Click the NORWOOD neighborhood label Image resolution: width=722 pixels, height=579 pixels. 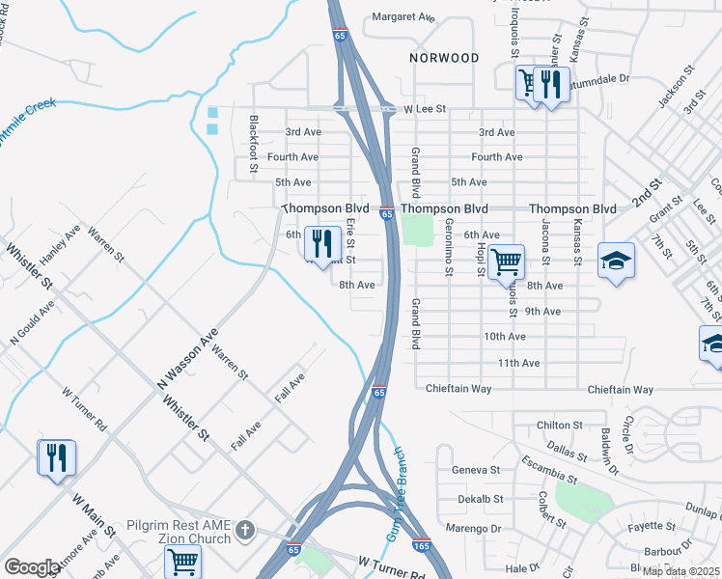pyautogui.click(x=444, y=58)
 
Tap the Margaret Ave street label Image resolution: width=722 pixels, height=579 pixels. pyautogui.click(x=404, y=16)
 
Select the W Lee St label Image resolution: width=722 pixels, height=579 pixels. pyautogui.click(x=426, y=110)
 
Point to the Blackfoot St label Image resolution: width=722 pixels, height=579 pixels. pyautogui.click(x=253, y=145)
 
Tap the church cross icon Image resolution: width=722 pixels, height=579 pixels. pyautogui.click(x=246, y=529)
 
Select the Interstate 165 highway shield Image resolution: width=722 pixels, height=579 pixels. pyautogui.click(x=421, y=544)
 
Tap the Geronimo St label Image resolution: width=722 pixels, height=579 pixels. pyautogui.click(x=449, y=245)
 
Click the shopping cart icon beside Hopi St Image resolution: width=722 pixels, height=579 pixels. pyautogui.click(x=506, y=260)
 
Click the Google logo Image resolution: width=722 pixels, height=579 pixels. pyautogui.click(x=32, y=567)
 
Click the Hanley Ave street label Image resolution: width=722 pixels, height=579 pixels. pyautogui.click(x=60, y=248)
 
